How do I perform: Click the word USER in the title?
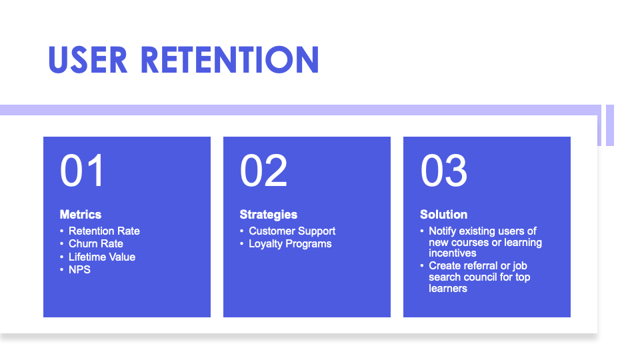point(89,60)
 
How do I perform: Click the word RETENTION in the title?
point(230,60)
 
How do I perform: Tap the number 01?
point(82,171)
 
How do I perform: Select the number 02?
point(263,171)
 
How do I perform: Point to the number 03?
point(443,171)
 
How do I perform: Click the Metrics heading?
point(81,215)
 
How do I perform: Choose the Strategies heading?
point(268,215)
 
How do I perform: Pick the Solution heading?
point(443,215)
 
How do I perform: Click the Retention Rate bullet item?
point(104,231)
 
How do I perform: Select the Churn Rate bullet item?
point(95,244)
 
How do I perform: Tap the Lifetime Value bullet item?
point(101,257)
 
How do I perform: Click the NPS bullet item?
point(79,270)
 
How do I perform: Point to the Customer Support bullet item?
point(292,231)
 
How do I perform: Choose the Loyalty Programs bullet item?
point(290,244)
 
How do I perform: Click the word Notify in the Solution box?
point(443,231)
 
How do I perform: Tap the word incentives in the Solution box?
point(452,253)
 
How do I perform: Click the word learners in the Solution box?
point(447,289)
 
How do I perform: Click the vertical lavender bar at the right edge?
point(609,125)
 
